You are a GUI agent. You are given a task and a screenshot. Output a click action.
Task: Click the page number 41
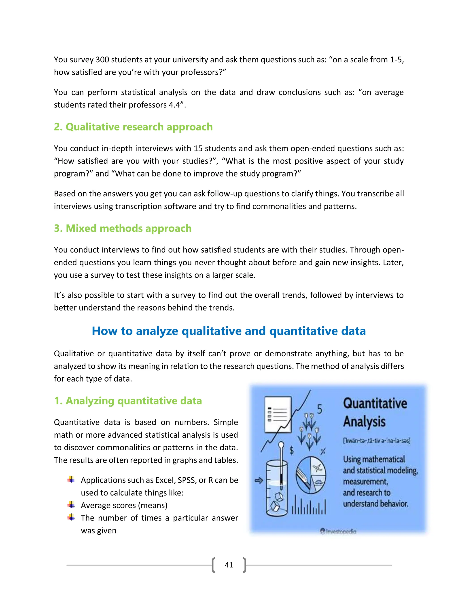229,565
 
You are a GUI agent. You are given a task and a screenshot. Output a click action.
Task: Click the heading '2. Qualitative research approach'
133,127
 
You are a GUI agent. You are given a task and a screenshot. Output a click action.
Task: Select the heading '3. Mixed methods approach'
123,228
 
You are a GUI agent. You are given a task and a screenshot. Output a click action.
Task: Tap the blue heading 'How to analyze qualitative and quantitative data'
229,331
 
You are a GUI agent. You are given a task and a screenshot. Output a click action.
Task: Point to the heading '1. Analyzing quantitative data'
128,401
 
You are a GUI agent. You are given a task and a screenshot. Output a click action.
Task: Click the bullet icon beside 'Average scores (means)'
71,505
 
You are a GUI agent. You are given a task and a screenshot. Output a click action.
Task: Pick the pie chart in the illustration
311,475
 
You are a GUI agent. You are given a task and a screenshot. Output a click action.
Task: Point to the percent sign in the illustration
323,451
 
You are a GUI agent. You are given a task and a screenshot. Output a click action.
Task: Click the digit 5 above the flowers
320,409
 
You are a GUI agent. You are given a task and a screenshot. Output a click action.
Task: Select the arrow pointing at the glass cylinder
259,481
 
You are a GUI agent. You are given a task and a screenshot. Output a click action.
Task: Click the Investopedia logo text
338,531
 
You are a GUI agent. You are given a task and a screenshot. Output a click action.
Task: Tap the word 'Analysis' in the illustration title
364,422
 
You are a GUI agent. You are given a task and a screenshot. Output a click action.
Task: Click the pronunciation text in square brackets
377,441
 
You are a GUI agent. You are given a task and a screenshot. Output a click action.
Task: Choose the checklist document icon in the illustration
278,414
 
